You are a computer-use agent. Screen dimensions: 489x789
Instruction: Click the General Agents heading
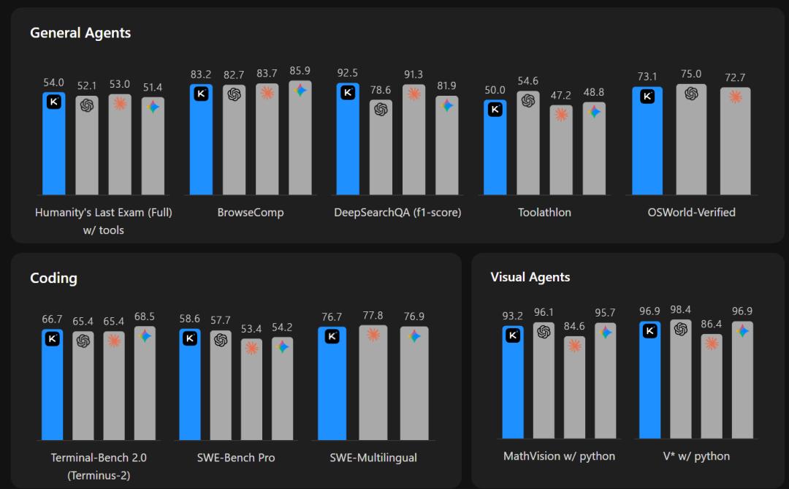[80, 33]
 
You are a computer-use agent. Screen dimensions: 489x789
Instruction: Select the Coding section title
[53, 278]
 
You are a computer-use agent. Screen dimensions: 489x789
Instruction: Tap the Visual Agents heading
[530, 277]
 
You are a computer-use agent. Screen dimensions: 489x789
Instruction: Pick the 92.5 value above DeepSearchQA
[348, 73]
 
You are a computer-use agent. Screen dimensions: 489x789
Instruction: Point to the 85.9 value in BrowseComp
[300, 71]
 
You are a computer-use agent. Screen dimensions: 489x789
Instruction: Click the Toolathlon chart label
[544, 213]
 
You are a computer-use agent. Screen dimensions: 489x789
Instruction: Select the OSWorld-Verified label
[691, 213]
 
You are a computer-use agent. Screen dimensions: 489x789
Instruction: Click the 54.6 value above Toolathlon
[527, 81]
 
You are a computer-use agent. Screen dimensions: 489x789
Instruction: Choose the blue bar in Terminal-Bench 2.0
[53, 387]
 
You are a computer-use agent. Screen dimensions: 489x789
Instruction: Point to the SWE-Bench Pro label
[235, 458]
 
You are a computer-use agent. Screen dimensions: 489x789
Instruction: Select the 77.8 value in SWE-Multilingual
[373, 316]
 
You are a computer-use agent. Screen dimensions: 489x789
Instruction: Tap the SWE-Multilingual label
[373, 458]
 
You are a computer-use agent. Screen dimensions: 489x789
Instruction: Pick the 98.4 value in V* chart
[681, 310]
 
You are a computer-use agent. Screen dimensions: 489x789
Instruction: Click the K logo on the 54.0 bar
[53, 102]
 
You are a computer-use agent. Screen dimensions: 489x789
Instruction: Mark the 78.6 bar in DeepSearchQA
[380, 150]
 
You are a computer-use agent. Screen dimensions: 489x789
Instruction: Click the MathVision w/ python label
[559, 456]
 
